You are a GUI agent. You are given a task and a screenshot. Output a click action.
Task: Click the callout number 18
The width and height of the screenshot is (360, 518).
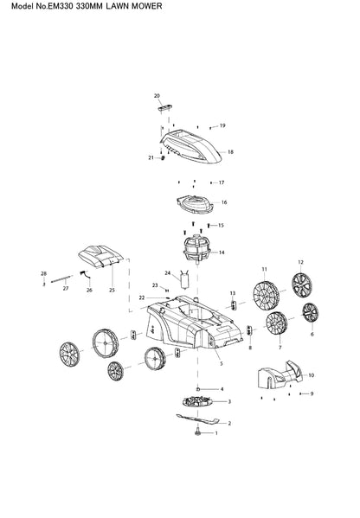230,152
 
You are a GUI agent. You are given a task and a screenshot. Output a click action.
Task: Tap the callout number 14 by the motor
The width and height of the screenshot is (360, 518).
222,253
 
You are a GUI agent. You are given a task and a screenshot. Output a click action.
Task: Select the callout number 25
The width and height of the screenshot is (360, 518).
112,290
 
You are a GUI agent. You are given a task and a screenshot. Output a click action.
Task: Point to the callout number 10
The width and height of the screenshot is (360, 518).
311,375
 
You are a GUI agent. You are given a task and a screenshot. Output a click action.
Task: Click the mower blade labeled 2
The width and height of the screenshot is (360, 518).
197,419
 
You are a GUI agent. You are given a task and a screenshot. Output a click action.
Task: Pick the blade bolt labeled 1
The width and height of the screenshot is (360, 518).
197,432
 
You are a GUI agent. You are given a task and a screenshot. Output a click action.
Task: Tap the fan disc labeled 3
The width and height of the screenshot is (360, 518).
197,402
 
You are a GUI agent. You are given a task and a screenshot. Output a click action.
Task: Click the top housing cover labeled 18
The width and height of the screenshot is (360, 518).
191,146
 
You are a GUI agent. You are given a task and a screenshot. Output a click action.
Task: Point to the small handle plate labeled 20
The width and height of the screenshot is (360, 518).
166,107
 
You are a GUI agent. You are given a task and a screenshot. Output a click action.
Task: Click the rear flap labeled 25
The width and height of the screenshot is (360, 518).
101,256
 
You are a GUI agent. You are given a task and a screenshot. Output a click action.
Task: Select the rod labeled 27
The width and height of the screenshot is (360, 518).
61,278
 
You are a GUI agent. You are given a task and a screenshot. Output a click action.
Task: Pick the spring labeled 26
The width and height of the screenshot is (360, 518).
85,273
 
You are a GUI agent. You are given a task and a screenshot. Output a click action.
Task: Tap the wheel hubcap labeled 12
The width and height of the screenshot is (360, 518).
302,285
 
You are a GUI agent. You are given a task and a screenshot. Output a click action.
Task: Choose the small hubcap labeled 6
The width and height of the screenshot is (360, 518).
311,312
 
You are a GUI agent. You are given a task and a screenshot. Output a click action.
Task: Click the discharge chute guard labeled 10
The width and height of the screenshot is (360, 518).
280,374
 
